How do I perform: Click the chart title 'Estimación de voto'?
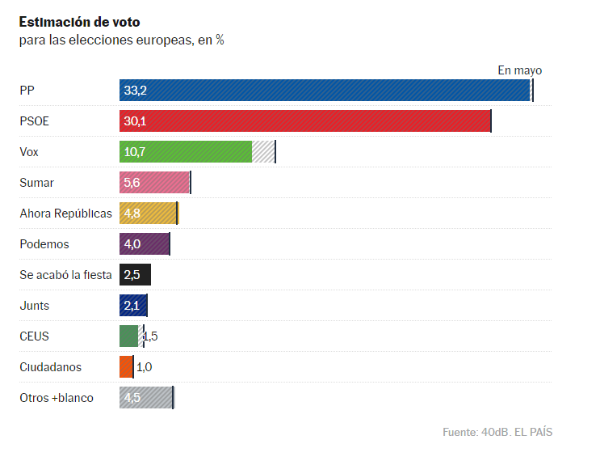click(x=73, y=22)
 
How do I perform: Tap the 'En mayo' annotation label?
click(x=519, y=70)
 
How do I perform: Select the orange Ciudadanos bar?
click(x=126, y=367)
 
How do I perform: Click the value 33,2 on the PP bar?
click(x=135, y=91)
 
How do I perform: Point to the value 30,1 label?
click(x=135, y=121)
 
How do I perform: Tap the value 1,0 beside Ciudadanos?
click(x=144, y=367)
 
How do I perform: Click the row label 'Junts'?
click(x=34, y=306)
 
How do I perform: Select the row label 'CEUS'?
click(x=35, y=336)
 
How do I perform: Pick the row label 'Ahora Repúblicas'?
click(x=65, y=214)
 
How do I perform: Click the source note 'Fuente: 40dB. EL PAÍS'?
click(x=497, y=432)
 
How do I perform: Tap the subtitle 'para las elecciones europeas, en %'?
click(x=122, y=40)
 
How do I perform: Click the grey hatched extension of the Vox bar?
click(x=263, y=152)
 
